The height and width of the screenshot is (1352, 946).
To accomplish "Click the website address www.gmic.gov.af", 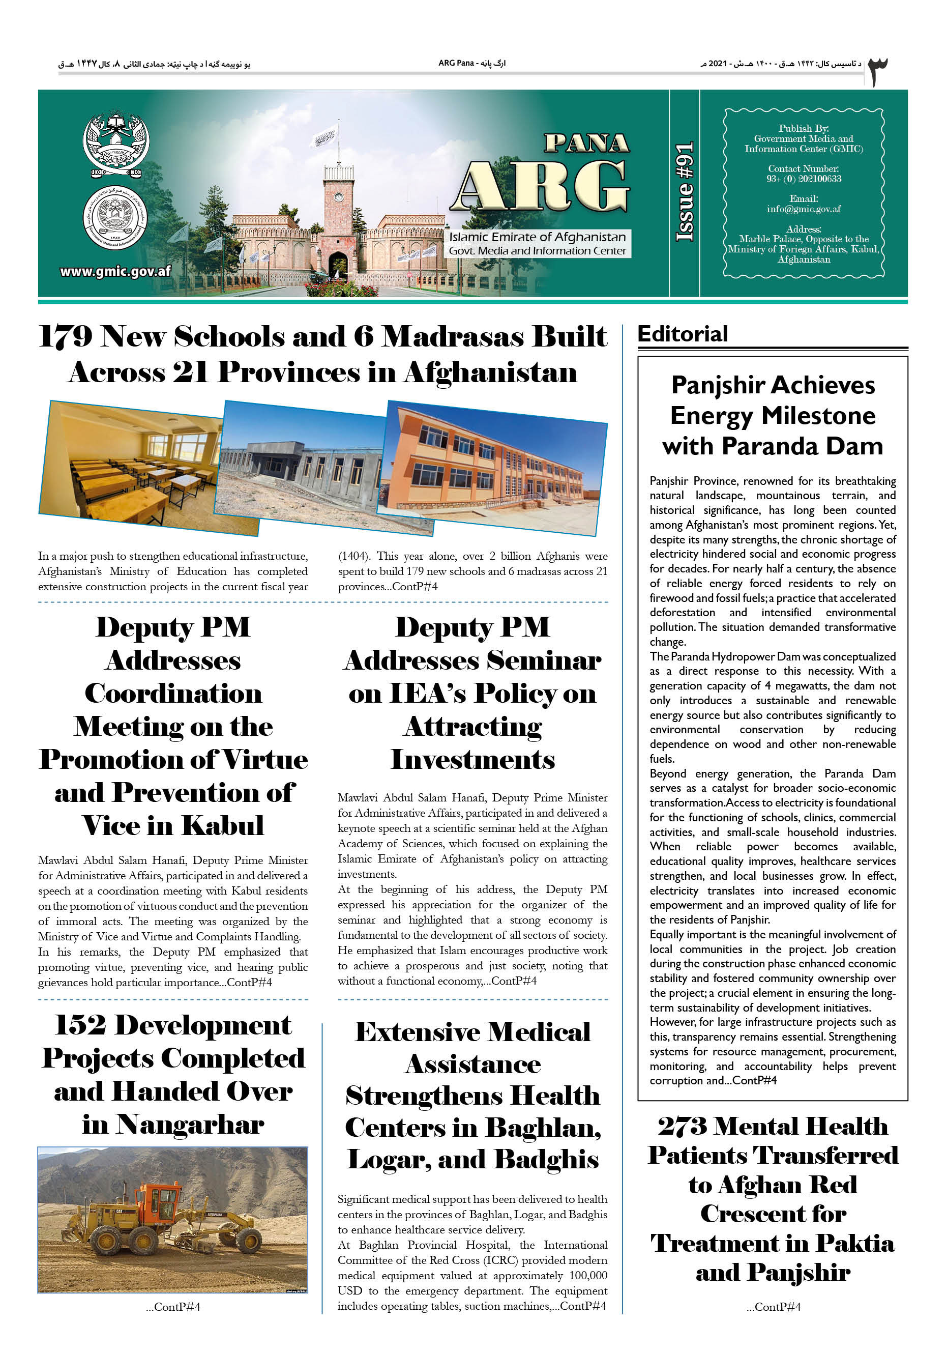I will point(115,271).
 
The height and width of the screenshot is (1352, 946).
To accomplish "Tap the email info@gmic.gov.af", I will point(803,209).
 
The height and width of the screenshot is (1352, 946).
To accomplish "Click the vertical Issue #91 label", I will point(684,192).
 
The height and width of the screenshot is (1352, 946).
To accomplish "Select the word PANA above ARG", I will point(586,143).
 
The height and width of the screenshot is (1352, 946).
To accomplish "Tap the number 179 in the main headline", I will point(65,337).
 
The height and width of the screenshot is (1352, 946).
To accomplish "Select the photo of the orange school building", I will point(494,468).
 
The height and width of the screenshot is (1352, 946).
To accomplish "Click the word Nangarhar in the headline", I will point(190,1124).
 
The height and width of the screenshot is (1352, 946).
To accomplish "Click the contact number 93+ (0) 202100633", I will point(803,179).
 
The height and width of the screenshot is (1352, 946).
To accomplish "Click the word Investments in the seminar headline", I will point(472,760).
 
